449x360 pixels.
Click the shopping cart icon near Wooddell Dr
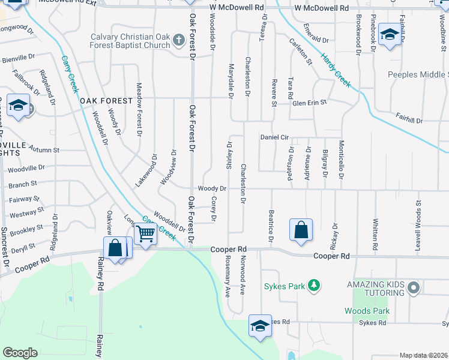(146, 233)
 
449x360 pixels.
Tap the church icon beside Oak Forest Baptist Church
(178, 40)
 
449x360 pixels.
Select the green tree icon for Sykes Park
(313, 286)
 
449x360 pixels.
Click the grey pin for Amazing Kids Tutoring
(412, 288)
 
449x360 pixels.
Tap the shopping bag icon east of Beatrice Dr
(301, 230)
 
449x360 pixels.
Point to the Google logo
(20, 353)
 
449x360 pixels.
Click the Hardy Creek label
(336, 70)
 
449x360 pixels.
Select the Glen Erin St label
(309, 103)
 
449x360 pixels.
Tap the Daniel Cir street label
(274, 137)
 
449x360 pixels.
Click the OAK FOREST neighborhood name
(106, 101)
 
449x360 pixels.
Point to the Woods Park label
(367, 311)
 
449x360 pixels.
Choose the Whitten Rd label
(375, 235)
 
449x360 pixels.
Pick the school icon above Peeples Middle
(390, 35)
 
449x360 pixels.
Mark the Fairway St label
(24, 199)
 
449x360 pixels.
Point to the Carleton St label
(301, 52)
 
